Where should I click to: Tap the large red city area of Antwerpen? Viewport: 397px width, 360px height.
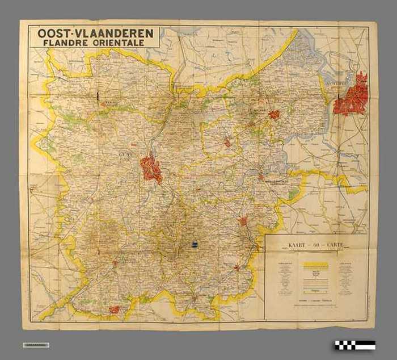click(352, 95)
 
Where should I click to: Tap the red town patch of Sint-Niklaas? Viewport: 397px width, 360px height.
click(274, 114)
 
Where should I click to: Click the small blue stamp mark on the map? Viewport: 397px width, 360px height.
click(195, 244)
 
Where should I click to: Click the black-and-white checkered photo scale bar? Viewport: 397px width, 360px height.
click(354, 345)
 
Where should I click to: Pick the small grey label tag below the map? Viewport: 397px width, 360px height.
click(36, 345)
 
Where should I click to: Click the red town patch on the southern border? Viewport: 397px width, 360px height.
click(115, 309)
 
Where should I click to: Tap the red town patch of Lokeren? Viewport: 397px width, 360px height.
click(227, 143)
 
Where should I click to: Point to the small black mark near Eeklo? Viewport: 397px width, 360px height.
click(98, 95)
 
